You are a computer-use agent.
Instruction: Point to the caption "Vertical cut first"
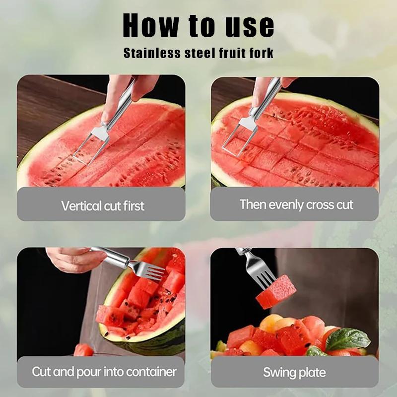[102, 205]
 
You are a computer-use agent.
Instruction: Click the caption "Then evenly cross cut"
[296, 204]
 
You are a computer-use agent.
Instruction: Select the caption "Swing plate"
[294, 372]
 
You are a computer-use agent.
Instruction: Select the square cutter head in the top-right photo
[237, 135]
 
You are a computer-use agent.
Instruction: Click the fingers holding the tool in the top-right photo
[265, 89]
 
